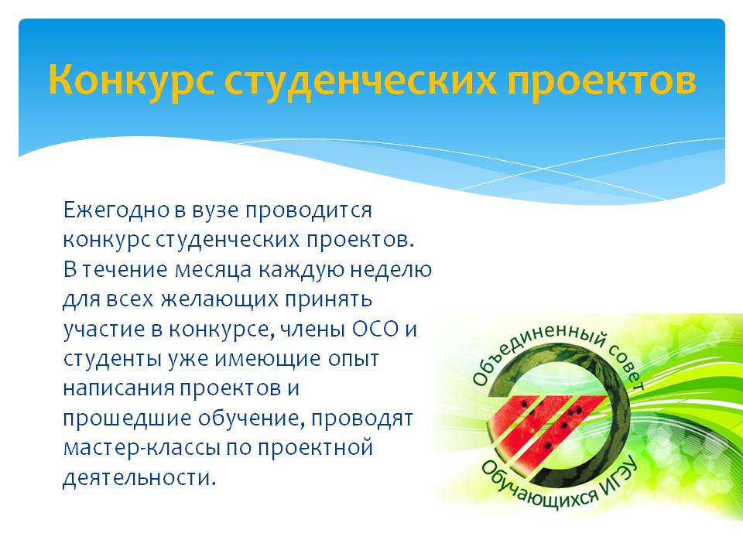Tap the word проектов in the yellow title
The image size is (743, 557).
pyautogui.click(x=602, y=80)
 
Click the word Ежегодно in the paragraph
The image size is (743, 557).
pyautogui.click(x=117, y=210)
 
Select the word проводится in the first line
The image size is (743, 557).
pyautogui.click(x=308, y=210)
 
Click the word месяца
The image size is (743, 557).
pyautogui.click(x=213, y=270)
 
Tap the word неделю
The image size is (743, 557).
pyautogui.click(x=391, y=270)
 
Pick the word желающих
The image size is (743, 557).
pyautogui.click(x=219, y=300)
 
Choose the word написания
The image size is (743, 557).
pyautogui.click(x=119, y=389)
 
